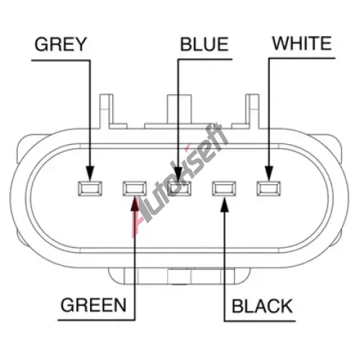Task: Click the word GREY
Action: click(x=60, y=45)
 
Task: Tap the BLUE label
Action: click(x=204, y=45)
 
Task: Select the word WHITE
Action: click(x=302, y=43)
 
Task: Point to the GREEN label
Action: click(x=94, y=305)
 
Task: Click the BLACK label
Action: click(x=262, y=306)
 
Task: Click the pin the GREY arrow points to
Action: click(x=90, y=189)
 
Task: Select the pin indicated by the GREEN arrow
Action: click(x=135, y=189)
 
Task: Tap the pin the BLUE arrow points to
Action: click(x=179, y=189)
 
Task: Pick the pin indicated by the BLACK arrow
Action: click(x=224, y=189)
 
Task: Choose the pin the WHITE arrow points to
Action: click(x=269, y=189)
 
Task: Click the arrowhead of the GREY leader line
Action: click(x=90, y=174)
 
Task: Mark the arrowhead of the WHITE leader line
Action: click(x=269, y=174)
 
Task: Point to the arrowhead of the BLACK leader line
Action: click(x=225, y=204)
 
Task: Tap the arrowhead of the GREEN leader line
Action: click(x=135, y=204)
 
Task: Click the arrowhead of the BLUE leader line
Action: click(x=178, y=174)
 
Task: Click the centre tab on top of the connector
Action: click(x=179, y=109)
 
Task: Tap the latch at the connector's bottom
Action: click(x=179, y=276)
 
